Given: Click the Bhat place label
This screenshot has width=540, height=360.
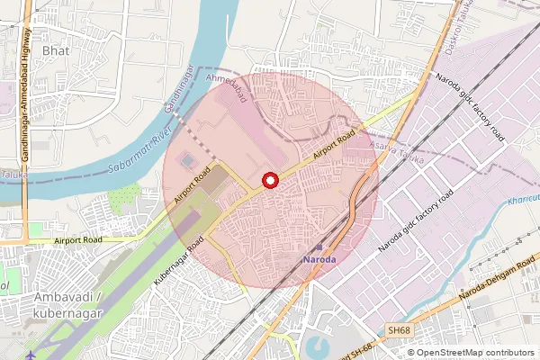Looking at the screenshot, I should tap(55, 50).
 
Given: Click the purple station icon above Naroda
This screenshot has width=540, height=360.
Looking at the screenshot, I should tap(319, 245).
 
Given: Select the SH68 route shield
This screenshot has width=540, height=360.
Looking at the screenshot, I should tap(399, 331).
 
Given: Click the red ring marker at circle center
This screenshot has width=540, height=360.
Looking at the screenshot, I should tap(269, 181).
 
